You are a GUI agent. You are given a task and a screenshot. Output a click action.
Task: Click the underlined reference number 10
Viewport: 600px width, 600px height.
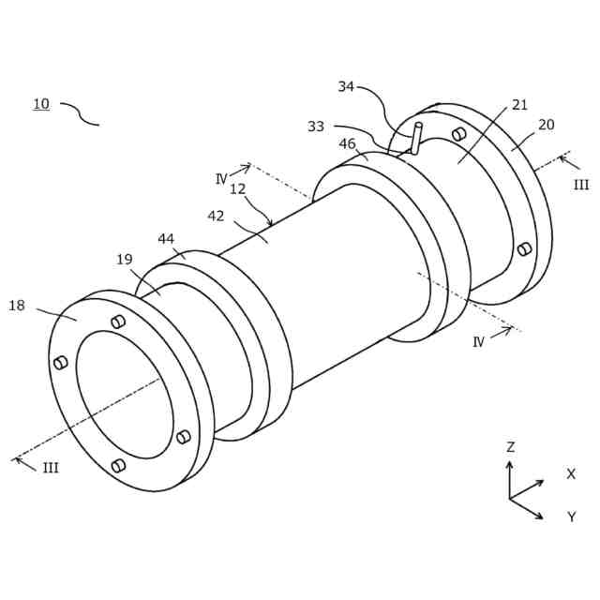[41, 104]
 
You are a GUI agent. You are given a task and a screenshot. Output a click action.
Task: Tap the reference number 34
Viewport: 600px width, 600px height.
[346, 87]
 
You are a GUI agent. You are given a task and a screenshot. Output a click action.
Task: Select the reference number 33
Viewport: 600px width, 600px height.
[316, 127]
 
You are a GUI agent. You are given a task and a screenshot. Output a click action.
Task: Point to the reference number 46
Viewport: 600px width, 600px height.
[347, 144]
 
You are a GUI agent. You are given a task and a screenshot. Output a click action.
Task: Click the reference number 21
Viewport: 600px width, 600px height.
[519, 105]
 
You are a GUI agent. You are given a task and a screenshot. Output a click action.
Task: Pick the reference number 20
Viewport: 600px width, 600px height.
[546, 125]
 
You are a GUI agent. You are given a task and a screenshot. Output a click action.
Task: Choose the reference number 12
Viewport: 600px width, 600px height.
[237, 189]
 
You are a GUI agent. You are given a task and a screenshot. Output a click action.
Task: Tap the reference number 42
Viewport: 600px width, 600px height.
[216, 216]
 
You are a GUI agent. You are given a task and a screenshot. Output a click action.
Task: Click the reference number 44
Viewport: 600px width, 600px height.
[166, 239]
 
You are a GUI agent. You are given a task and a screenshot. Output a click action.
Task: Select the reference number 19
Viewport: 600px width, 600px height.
[125, 260]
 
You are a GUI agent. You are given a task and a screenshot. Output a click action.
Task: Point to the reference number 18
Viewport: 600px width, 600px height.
[17, 306]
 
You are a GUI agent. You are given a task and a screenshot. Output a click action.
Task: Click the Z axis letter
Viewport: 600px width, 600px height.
[510, 447]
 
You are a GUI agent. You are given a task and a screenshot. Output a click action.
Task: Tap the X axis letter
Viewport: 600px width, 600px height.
[571, 474]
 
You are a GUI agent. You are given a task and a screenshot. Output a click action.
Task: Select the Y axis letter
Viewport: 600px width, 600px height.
[571, 517]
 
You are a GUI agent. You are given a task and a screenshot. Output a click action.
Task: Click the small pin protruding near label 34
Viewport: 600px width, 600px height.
[416, 138]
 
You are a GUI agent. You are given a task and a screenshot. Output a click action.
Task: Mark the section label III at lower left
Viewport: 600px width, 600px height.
[51, 468]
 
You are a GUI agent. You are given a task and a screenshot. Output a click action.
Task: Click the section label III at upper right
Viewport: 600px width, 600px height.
[581, 185]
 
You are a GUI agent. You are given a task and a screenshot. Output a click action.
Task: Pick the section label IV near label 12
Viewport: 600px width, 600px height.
[221, 179]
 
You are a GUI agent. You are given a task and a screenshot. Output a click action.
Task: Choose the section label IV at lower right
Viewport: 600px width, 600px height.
[478, 342]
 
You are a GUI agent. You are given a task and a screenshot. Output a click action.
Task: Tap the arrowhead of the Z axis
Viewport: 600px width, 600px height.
[510, 463]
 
